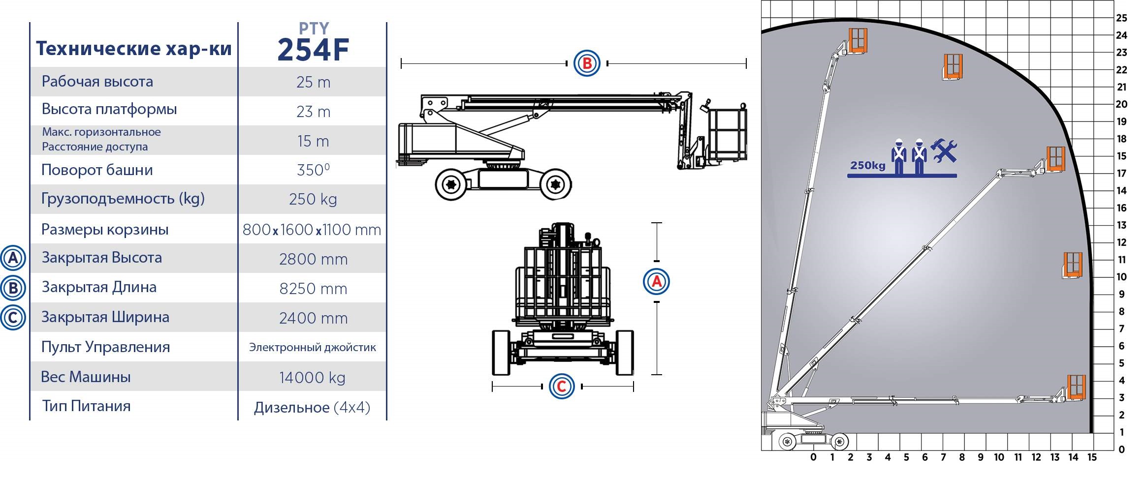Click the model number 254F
[x=313, y=50]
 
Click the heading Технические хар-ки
[x=133, y=48]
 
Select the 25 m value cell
[x=313, y=82]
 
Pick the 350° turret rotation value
[x=313, y=170]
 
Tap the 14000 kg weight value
[x=312, y=378]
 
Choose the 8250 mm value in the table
[x=313, y=289]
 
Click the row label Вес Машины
[x=86, y=377]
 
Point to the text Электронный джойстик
[x=312, y=347]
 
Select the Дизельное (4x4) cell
[x=312, y=407]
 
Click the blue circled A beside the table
[x=13, y=258]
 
